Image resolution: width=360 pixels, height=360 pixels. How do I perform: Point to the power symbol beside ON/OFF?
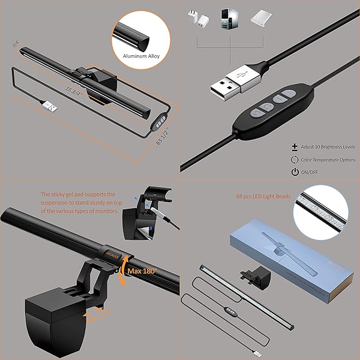pyautogui.click(x=295, y=172)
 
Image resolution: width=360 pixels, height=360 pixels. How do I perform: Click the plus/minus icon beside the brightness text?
pyautogui.click(x=295, y=146)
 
